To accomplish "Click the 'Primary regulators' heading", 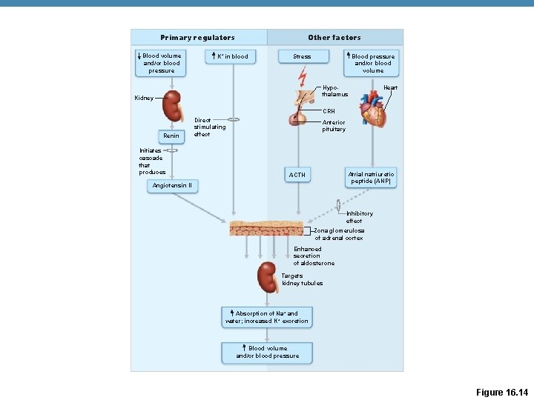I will coord(197,38).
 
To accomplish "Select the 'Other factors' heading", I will coord(334,38).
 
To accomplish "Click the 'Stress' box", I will coord(302,56).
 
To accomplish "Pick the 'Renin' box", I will coord(171,136).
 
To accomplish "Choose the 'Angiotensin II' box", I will coord(172,185).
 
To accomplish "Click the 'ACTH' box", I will coord(297,175).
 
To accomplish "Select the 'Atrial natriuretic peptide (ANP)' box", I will coord(372,177).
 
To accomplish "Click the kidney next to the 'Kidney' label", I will coord(173,106).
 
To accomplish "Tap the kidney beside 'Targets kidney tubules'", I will coord(268,278).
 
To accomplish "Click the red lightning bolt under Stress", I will coord(302,76).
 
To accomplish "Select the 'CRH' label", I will coord(329,112).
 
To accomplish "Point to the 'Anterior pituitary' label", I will coord(334,126).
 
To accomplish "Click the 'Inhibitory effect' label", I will coord(359,217).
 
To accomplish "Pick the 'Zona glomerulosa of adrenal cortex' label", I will coord(339,234).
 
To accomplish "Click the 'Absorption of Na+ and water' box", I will coord(267,318).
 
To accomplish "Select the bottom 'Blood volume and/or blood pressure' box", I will coord(267,352).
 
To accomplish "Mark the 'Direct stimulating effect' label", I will coord(209,127).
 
